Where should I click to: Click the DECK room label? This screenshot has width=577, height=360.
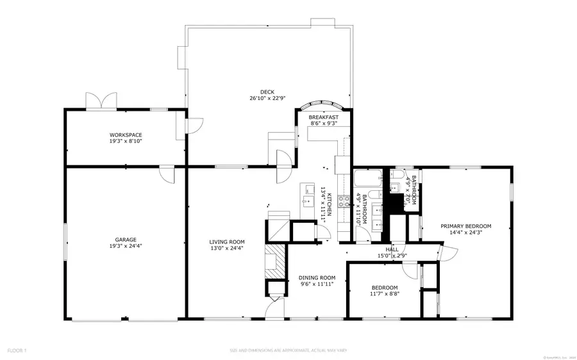point(267,91)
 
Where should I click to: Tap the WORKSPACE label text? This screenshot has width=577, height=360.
point(125,135)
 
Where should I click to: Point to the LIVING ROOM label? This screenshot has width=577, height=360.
point(227,241)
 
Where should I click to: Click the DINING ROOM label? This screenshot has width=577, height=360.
point(317,278)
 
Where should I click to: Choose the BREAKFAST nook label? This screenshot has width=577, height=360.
point(323,117)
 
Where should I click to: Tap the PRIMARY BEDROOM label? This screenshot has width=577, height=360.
point(465,226)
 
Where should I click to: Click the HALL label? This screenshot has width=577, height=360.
point(392,249)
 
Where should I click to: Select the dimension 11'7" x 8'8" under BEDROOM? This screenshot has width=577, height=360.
point(385,295)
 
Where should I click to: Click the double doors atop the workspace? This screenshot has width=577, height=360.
point(102,101)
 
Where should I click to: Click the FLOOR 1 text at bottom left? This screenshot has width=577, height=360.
point(17,350)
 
